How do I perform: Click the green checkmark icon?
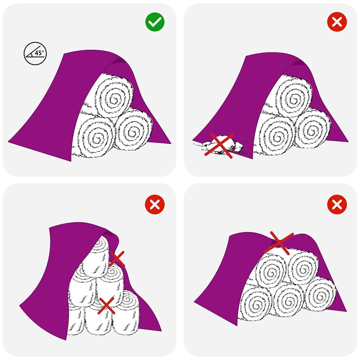(x=155, y=22)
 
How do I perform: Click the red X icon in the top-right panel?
(x=337, y=22)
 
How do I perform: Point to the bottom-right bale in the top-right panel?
(x=312, y=129)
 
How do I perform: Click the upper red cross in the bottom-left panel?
(x=117, y=259)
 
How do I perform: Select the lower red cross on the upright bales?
(x=107, y=306)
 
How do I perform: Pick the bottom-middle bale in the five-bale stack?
(x=288, y=299)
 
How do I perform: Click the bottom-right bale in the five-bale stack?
(x=319, y=294)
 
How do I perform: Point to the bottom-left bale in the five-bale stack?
(x=256, y=302)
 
